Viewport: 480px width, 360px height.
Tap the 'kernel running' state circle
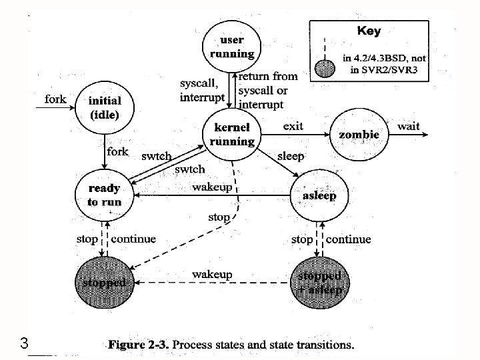[232, 134]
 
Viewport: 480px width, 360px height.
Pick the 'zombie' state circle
[359, 135]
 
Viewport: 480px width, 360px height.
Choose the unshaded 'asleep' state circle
[319, 196]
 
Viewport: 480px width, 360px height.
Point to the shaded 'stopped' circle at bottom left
[103, 282]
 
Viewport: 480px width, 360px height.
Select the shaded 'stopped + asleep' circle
[319, 282]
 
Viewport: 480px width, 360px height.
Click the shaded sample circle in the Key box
[324, 68]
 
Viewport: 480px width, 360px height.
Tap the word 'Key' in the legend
[369, 31]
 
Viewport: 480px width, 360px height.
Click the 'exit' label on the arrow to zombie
[293, 125]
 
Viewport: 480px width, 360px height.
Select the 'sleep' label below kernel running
[290, 156]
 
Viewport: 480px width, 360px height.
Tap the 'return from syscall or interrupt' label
[268, 90]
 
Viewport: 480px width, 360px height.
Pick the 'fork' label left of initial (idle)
[55, 99]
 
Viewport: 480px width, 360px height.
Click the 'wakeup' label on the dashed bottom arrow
[212, 274]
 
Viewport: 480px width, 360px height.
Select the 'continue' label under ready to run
[133, 239]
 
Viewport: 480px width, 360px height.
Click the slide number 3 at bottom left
[24, 345]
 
